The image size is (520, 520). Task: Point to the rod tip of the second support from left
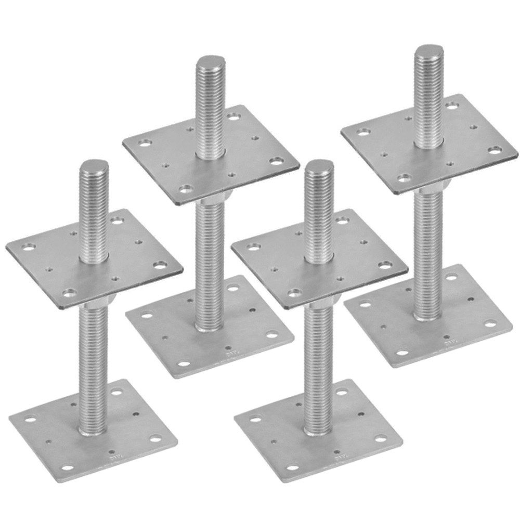[209, 66]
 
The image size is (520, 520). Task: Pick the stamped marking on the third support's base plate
[341, 459]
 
